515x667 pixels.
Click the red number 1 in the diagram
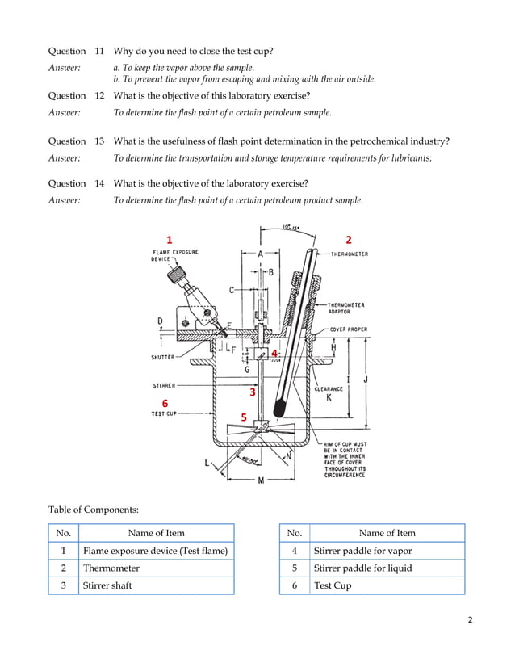click(x=169, y=240)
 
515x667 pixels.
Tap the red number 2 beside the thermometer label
click(x=349, y=240)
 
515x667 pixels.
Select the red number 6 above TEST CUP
click(x=165, y=402)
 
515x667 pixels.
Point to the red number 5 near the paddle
click(x=243, y=417)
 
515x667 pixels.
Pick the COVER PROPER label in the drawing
click(x=349, y=329)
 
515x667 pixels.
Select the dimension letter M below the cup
click(x=262, y=481)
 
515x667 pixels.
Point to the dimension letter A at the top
click(x=260, y=253)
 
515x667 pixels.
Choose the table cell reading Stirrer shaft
click(x=107, y=585)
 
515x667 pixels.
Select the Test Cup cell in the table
click(x=333, y=585)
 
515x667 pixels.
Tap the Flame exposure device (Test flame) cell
click(x=156, y=551)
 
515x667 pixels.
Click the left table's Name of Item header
click(x=156, y=533)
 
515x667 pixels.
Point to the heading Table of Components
click(x=93, y=510)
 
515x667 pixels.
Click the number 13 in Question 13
click(x=99, y=141)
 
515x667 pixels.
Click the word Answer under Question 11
click(x=65, y=68)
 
